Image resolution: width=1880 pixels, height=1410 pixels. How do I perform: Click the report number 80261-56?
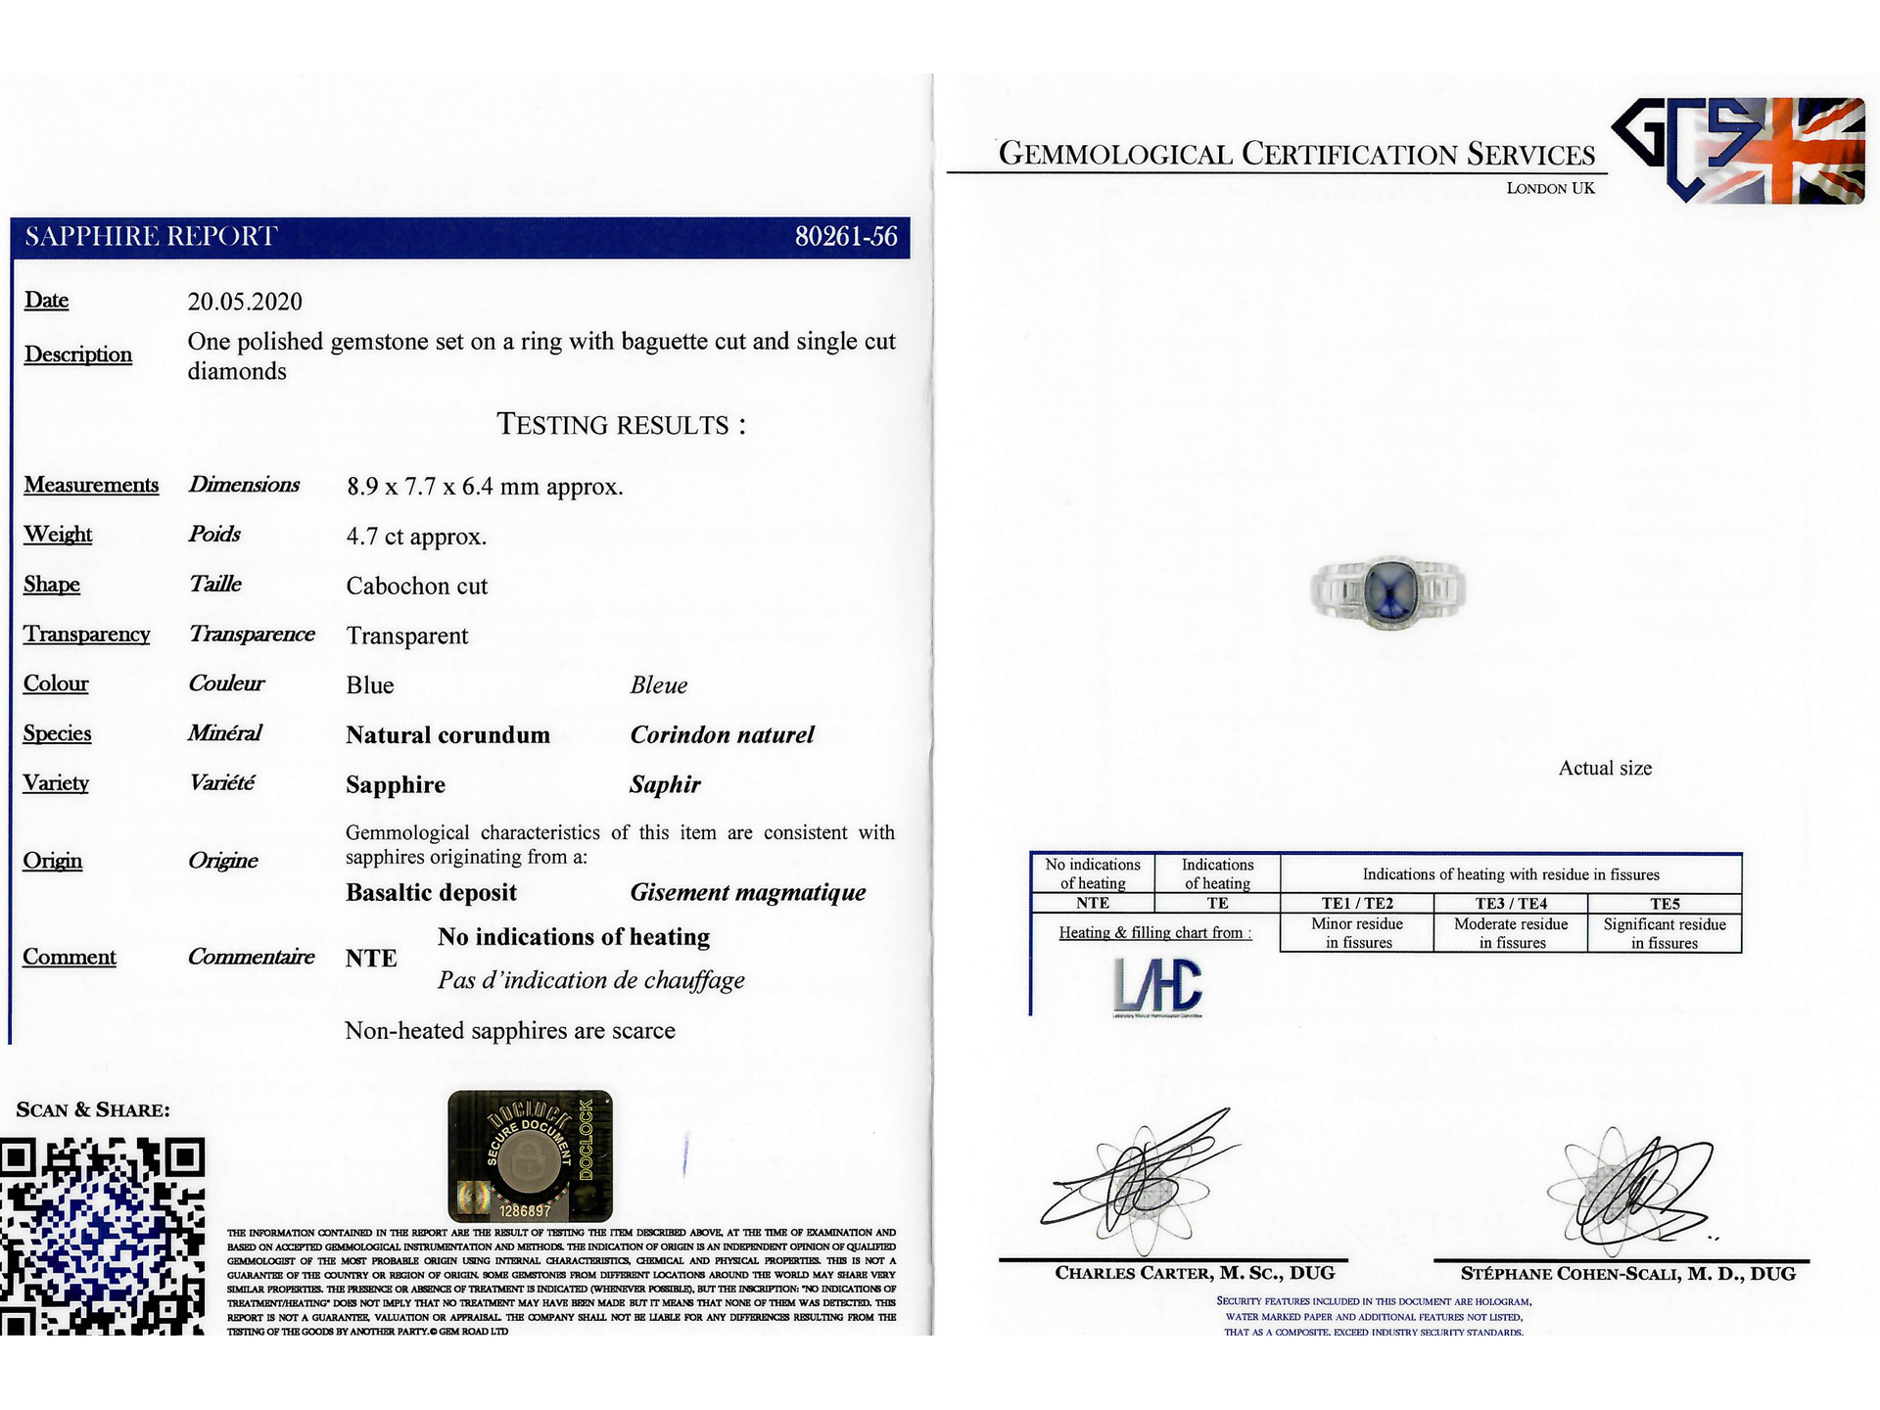(x=845, y=237)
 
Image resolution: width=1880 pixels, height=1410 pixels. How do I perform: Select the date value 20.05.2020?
(x=245, y=302)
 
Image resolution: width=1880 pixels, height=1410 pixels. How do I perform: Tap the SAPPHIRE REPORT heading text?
(x=151, y=237)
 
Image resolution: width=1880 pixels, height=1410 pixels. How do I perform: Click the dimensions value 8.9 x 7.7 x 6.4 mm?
(x=484, y=487)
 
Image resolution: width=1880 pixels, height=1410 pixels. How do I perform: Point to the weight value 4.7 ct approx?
(x=415, y=537)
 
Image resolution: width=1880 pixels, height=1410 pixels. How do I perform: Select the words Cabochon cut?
(x=416, y=587)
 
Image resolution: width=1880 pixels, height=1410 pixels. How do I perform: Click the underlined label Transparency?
(x=86, y=634)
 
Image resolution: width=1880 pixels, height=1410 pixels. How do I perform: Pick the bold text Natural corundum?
(x=447, y=735)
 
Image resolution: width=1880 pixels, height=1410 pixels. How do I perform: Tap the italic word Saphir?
(x=665, y=784)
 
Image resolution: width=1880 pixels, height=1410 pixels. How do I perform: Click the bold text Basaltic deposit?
(x=431, y=893)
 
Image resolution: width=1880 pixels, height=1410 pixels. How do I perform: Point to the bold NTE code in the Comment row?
(x=371, y=959)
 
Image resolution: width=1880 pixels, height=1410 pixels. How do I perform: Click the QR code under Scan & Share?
(x=102, y=1236)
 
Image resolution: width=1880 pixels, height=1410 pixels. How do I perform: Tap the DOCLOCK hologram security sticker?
(x=530, y=1156)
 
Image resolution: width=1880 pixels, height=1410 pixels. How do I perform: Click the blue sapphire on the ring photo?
(x=1388, y=588)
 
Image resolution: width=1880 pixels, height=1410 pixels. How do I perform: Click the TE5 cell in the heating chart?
(x=1664, y=904)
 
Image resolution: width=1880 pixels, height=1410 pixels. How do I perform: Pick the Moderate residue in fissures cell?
(x=1511, y=933)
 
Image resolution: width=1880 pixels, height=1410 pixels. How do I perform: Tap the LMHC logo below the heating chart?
(x=1157, y=985)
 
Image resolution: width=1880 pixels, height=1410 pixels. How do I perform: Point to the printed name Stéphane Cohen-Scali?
(x=1627, y=1274)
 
